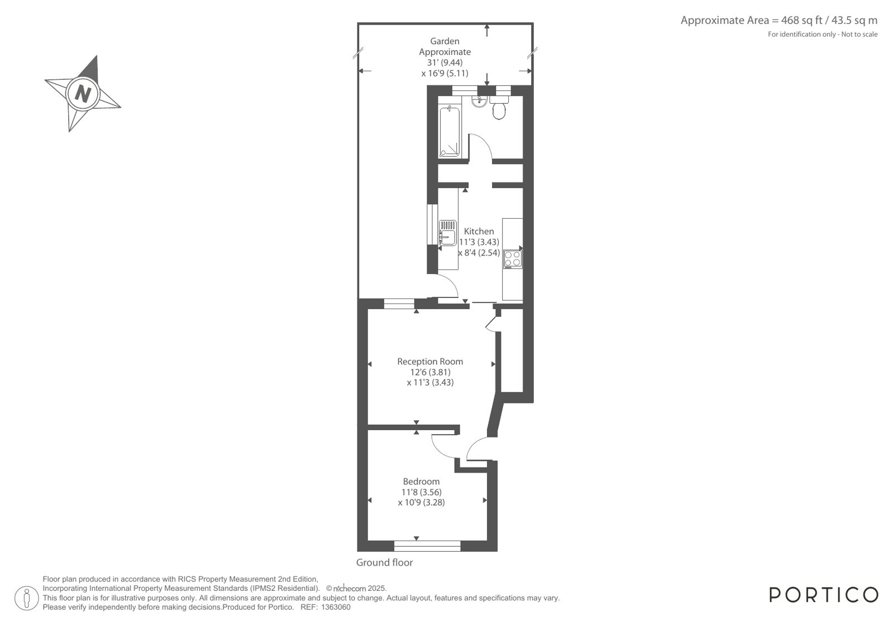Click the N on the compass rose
(x=83, y=94)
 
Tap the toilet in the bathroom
(x=499, y=108)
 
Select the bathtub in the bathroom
(x=449, y=132)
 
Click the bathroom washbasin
(x=479, y=101)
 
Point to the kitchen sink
(x=448, y=233)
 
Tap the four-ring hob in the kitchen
(x=513, y=258)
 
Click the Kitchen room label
(x=479, y=231)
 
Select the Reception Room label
(x=430, y=362)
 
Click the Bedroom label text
(x=422, y=481)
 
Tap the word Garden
(x=445, y=41)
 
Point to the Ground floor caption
(x=384, y=562)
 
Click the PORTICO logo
(x=824, y=595)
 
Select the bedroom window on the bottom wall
(x=427, y=546)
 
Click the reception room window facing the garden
(x=399, y=304)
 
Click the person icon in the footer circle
(x=27, y=598)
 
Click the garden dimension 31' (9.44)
(x=445, y=62)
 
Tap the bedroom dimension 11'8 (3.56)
(x=422, y=492)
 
